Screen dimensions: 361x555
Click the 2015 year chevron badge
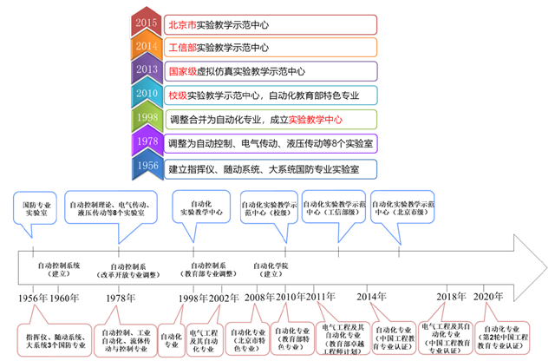147,23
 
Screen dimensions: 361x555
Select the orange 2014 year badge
147,47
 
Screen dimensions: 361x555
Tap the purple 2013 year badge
147,70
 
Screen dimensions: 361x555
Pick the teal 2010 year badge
147,94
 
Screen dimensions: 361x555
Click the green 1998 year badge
147,117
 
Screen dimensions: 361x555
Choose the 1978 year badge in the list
147,141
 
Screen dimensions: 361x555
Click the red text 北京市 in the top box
186,23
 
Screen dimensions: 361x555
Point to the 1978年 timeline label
121,298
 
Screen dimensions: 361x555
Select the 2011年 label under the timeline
318,298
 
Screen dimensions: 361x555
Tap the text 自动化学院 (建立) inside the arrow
271,269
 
